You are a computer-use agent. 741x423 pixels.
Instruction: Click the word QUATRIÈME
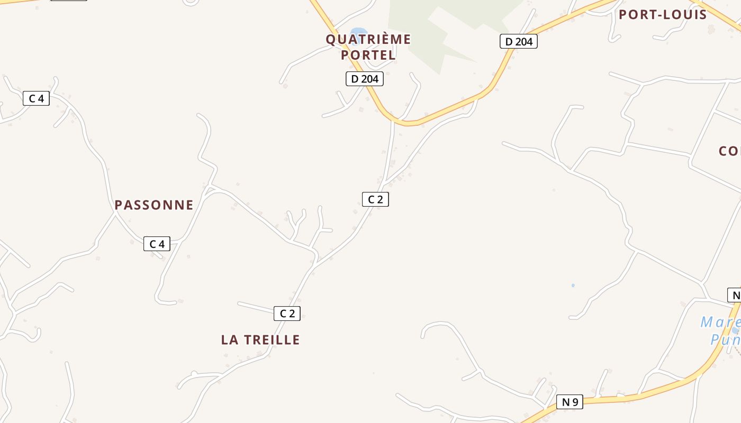[x=368, y=39]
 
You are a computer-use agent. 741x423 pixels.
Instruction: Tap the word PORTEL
[x=368, y=54]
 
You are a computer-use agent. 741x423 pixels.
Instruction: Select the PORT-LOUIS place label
[x=663, y=14]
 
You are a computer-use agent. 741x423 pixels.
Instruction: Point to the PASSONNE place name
[x=154, y=205]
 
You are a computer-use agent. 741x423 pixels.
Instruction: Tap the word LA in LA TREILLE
[x=229, y=340]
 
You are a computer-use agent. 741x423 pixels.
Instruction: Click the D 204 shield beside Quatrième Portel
[x=364, y=79]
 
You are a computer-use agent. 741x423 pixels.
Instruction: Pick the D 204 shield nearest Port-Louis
[x=518, y=41]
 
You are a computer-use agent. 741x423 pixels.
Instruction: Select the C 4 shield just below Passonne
[x=157, y=244]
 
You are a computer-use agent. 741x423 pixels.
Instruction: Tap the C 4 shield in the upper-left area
[x=36, y=98]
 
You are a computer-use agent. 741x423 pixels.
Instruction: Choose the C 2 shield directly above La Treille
[x=287, y=313]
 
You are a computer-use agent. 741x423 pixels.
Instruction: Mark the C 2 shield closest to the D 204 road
[x=375, y=199]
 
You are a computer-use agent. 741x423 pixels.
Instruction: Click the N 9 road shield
[x=570, y=402]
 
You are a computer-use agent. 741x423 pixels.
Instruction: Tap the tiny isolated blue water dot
[x=573, y=286]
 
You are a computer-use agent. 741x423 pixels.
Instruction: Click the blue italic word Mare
[x=720, y=322]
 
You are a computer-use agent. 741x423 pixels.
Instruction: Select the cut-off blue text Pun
[x=725, y=339]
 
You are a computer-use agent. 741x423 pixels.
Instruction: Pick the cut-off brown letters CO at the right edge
[x=729, y=151]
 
